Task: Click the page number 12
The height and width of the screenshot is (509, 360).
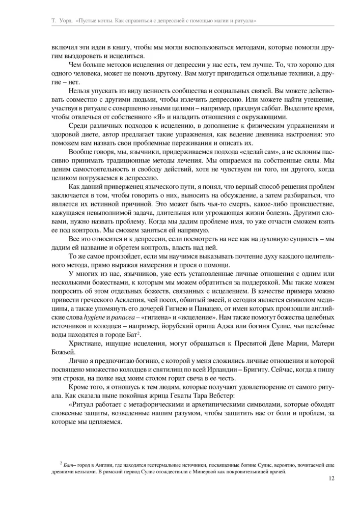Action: (x=331, y=478)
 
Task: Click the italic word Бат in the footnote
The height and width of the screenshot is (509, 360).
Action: (x=68, y=465)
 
